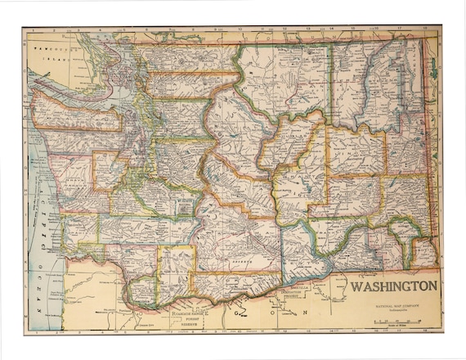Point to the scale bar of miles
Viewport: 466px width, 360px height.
(x=392, y=322)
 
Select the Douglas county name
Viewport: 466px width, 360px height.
(x=237, y=131)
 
